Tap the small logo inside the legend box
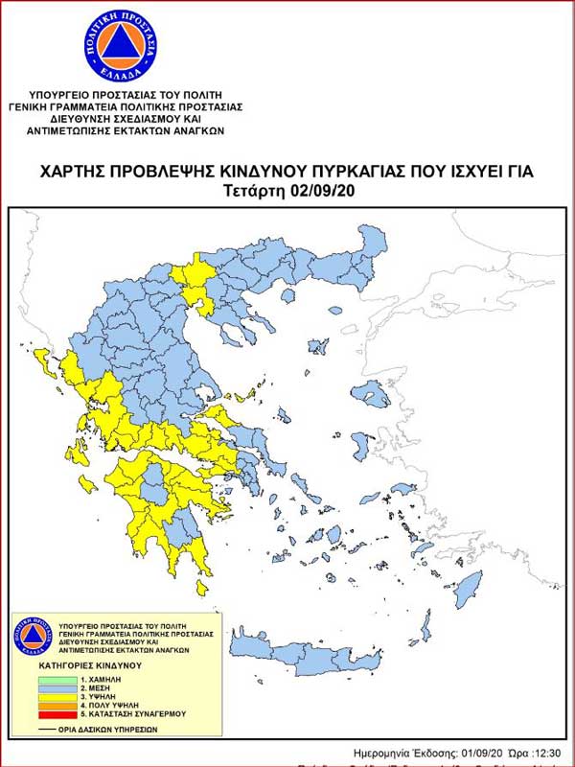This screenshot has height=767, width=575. pos(30,637)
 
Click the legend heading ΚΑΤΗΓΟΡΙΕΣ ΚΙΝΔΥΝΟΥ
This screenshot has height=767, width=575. pos(90,664)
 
